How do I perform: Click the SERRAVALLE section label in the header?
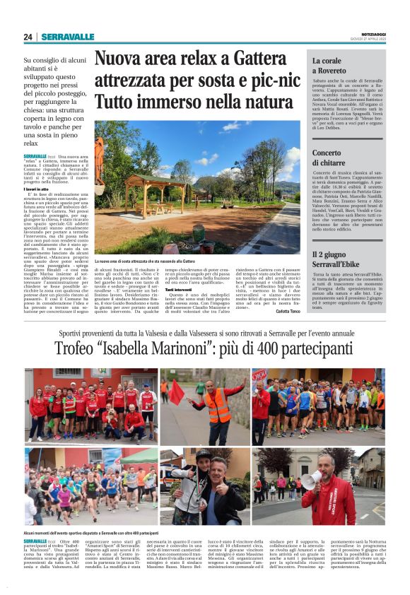coord(67,37)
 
